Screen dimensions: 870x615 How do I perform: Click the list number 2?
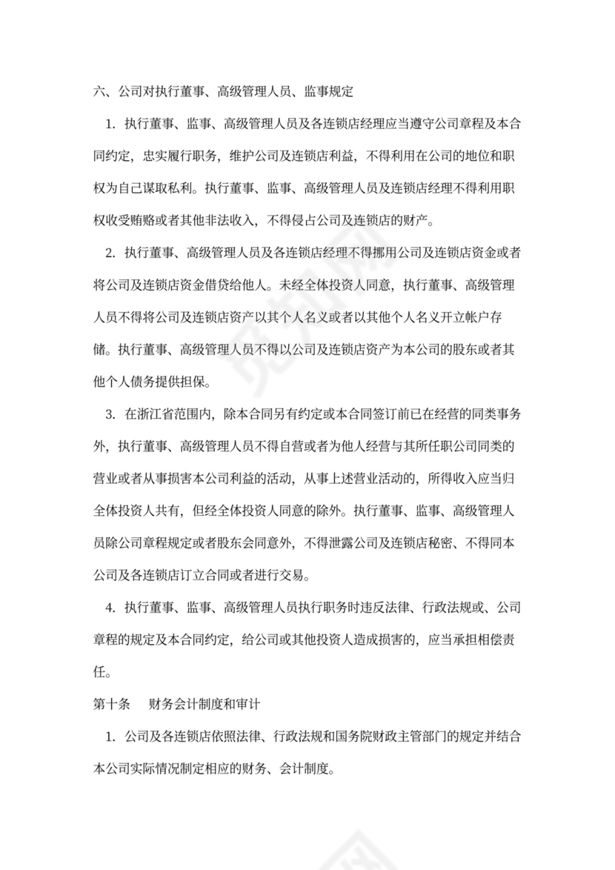109,253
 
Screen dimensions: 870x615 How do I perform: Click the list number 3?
109,414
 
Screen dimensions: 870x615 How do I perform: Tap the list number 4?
109,608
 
